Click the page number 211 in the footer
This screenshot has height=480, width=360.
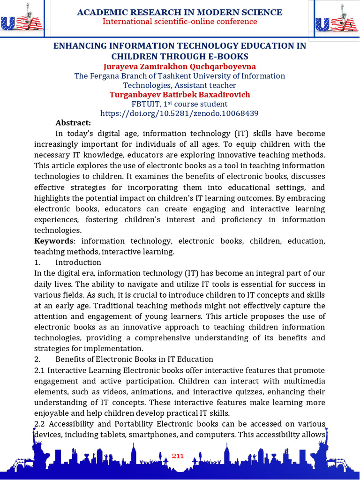coord(178,456)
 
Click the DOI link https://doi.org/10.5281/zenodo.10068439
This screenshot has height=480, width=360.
coord(180,113)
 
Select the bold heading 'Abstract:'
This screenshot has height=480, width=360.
coord(73,123)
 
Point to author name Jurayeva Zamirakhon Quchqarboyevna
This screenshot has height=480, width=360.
coord(180,67)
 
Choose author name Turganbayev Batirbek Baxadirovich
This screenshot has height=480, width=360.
coord(180,95)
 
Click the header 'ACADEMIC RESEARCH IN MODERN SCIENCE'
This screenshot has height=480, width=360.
coord(180,12)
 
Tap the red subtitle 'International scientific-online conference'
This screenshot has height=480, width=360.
coord(180,22)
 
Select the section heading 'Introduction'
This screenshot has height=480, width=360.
coord(78,262)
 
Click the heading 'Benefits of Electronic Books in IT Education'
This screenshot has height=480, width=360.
coord(134,360)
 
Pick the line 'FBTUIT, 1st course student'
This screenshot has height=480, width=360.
coord(180,104)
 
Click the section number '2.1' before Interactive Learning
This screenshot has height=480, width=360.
coord(40,370)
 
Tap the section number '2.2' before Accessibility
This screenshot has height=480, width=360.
coord(40,424)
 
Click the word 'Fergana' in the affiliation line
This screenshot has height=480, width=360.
coord(105,76)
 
